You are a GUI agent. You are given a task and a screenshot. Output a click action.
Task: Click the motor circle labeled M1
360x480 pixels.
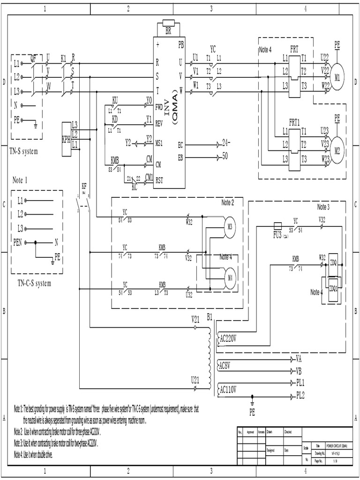(x=337, y=77)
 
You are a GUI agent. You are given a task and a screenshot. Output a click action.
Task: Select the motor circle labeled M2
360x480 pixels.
(x=337, y=150)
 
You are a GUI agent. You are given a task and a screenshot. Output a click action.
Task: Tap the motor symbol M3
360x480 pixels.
(x=229, y=225)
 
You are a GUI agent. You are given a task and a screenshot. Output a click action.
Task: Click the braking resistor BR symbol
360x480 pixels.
(x=167, y=24)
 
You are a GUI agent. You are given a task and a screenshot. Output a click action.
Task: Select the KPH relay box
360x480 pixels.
(x=66, y=139)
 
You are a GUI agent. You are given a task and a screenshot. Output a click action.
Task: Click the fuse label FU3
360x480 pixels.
(x=277, y=233)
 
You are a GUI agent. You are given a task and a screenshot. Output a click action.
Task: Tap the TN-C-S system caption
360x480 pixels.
(x=34, y=283)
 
